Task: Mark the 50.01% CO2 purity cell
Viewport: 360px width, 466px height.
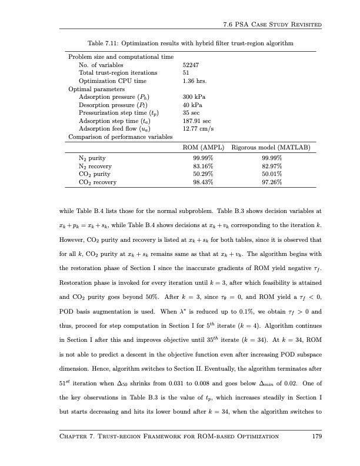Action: click(x=271, y=175)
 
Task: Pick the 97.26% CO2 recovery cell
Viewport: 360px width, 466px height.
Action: click(x=271, y=183)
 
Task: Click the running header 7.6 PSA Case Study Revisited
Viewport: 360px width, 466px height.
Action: click(x=272, y=24)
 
